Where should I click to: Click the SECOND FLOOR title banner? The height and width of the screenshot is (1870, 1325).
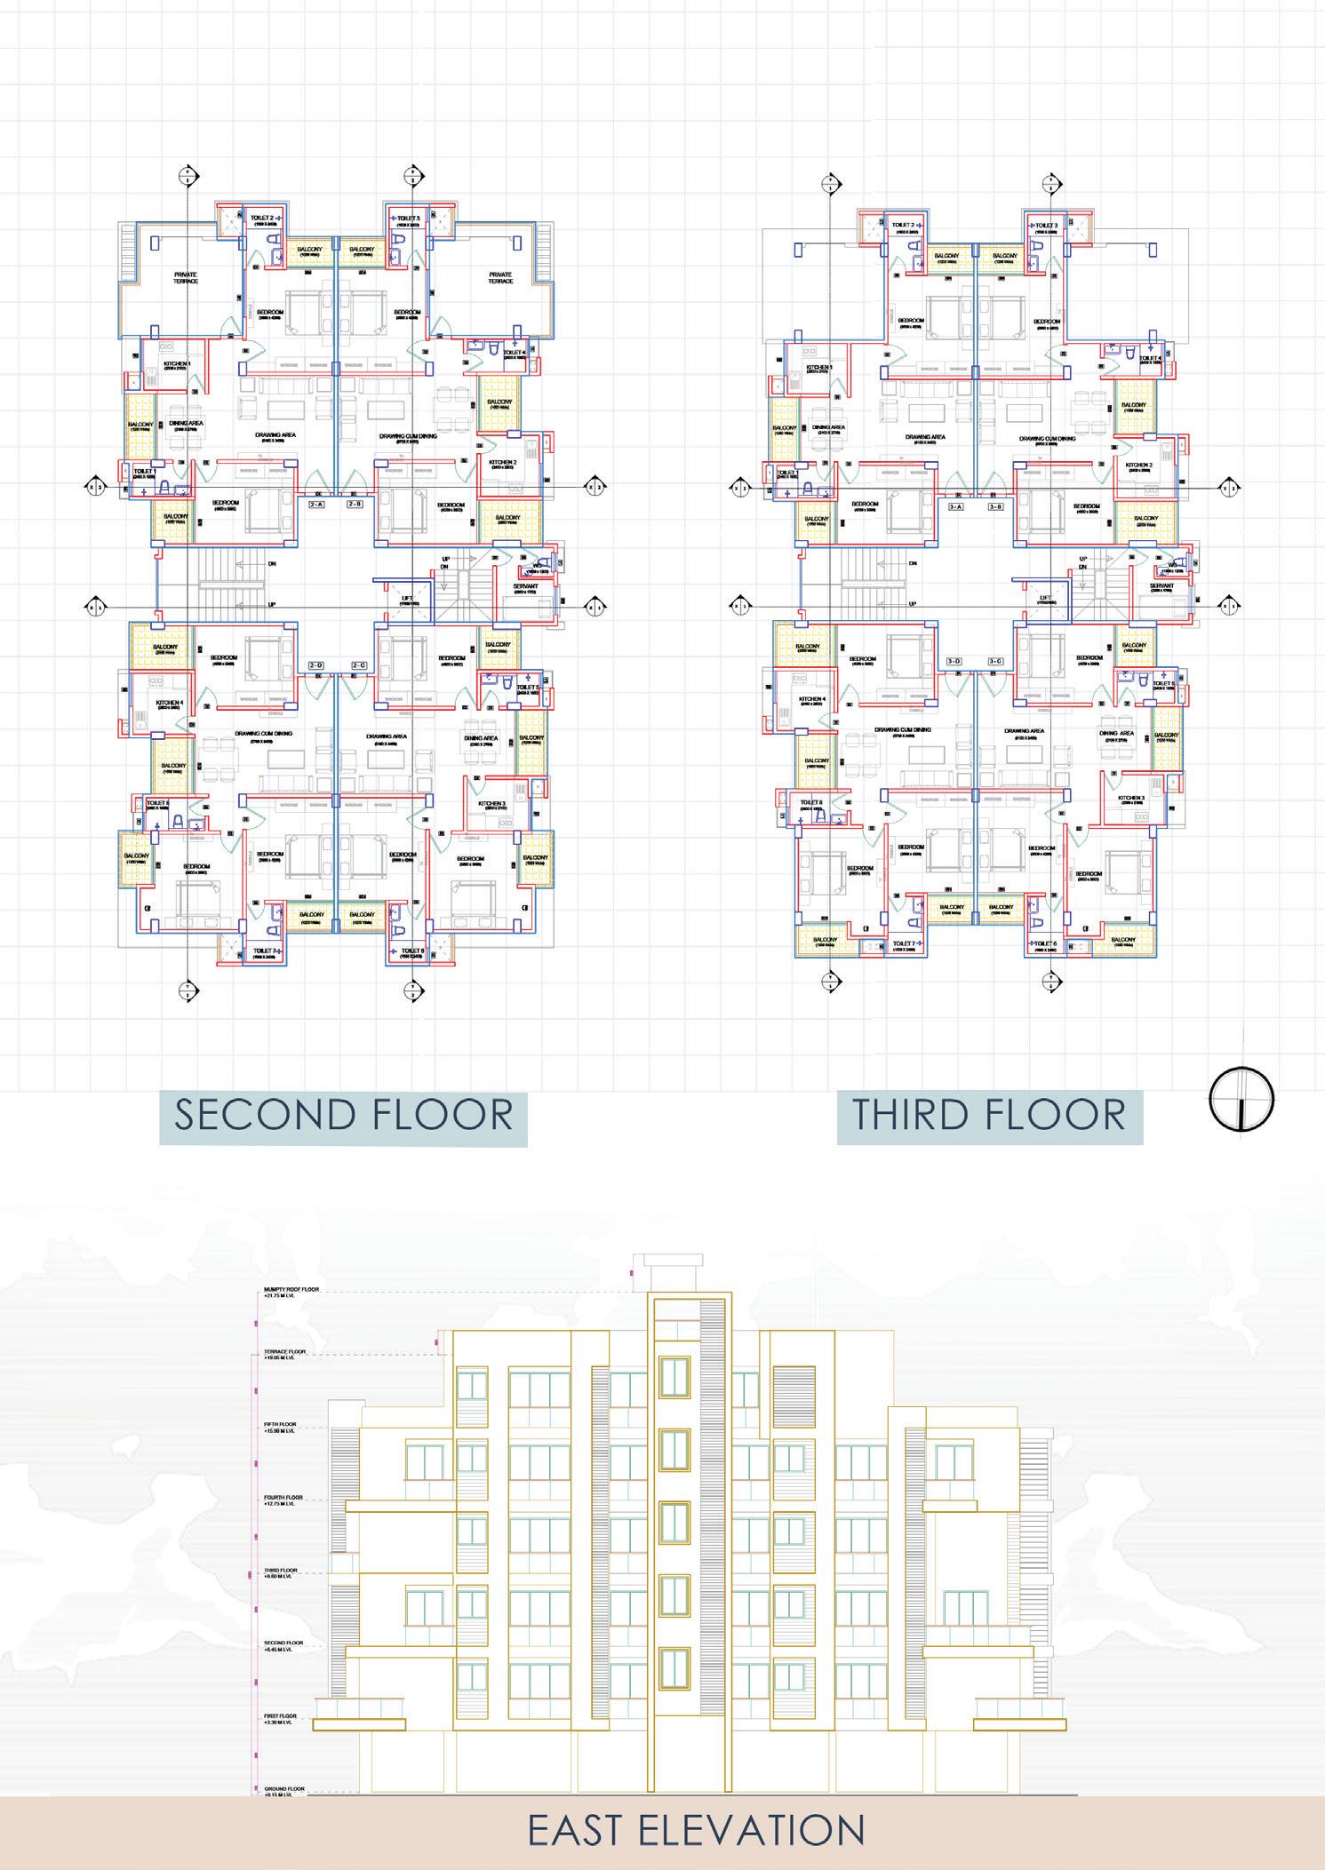[x=343, y=1116]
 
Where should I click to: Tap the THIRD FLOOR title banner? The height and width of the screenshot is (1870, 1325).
[x=989, y=1116]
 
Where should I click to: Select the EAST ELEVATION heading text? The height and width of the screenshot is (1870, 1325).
[x=696, y=1829]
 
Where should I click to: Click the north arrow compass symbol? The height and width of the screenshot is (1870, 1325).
[x=1241, y=1099]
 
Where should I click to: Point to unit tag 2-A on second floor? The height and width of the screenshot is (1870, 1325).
[x=316, y=505]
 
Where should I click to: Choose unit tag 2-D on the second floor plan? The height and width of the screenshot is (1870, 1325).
[x=316, y=665]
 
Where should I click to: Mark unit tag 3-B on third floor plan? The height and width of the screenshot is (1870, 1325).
[x=995, y=507]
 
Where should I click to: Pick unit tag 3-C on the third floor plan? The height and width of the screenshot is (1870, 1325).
[x=995, y=662]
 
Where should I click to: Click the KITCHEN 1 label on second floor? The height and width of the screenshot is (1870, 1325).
[x=175, y=364]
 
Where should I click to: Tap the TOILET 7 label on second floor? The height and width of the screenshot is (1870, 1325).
[x=266, y=951]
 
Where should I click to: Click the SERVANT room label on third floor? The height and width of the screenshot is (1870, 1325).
[x=1161, y=586]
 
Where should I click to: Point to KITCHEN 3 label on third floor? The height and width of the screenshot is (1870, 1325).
[x=1130, y=798]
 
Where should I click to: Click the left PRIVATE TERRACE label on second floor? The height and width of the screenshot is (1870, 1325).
[x=186, y=277]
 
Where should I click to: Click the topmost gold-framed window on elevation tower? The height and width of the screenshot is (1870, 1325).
[x=674, y=1377]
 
